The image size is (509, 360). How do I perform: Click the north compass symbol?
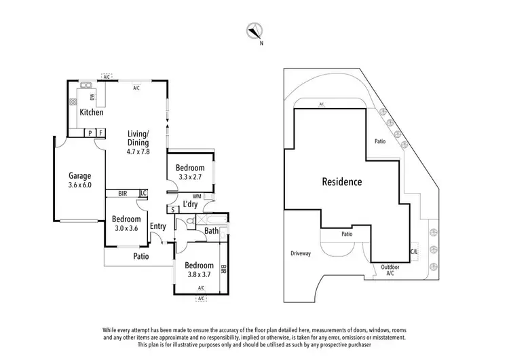[x=254, y=30]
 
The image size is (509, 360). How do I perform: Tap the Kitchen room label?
[x=92, y=112]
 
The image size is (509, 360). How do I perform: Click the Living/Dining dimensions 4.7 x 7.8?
[x=138, y=151]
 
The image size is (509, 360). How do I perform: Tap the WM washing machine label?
[x=197, y=196]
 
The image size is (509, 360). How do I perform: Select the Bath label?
[x=212, y=232]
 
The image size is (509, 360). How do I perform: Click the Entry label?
[x=158, y=226]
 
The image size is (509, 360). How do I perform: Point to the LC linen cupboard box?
[x=143, y=193]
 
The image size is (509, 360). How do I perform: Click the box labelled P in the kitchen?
[x=89, y=132]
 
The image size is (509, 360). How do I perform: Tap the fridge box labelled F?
[x=99, y=132]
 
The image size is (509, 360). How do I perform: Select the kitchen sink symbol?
[x=86, y=86]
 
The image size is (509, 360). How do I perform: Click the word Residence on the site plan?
[x=341, y=182]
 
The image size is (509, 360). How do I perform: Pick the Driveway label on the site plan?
[x=301, y=253]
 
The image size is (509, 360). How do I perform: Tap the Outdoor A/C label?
[x=390, y=270]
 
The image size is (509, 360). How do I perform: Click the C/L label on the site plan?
[x=414, y=252]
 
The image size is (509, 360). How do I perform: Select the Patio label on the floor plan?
[x=140, y=256]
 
